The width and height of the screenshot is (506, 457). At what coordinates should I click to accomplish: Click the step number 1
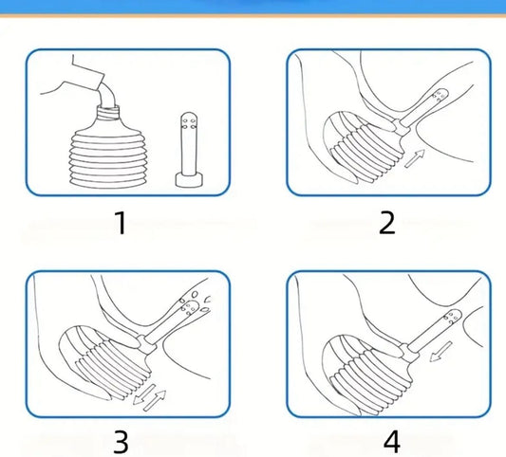(x=121, y=223)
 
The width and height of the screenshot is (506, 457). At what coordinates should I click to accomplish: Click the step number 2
(x=387, y=223)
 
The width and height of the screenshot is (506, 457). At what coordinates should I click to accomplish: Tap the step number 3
(x=121, y=442)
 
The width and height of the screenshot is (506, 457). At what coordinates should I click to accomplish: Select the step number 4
(x=392, y=442)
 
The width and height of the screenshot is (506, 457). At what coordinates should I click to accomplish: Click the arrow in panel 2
(x=415, y=158)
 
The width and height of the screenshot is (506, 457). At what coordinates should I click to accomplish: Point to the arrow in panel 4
(x=440, y=352)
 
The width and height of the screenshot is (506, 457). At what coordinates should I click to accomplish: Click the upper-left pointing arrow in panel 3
(x=144, y=394)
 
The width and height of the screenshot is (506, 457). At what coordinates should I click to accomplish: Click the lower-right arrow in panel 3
(x=155, y=401)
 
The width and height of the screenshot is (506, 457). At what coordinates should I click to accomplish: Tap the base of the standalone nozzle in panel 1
(x=189, y=180)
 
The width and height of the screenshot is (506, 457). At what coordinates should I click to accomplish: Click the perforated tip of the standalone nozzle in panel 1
(x=189, y=120)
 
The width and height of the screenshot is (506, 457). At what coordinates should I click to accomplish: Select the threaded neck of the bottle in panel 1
(x=108, y=112)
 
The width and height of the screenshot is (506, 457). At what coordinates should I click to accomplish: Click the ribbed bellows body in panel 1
(x=106, y=158)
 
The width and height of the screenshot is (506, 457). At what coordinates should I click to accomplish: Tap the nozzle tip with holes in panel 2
(x=440, y=96)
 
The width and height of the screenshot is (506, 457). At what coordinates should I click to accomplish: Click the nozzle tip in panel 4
(x=453, y=317)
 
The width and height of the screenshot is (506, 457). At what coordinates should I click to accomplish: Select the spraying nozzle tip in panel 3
(x=191, y=307)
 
